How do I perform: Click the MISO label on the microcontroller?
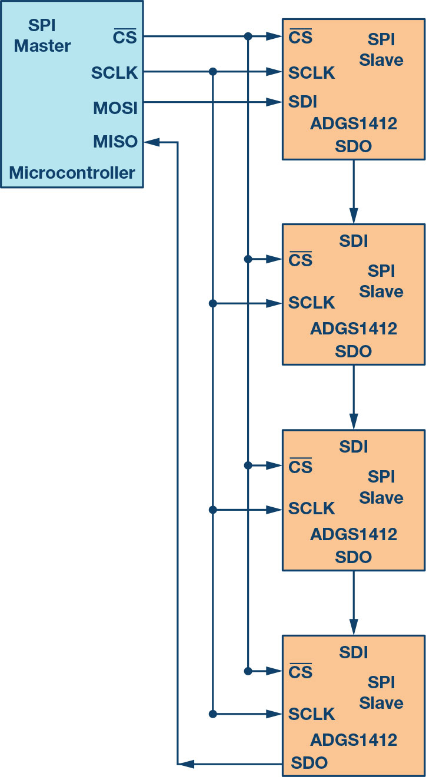point(115,142)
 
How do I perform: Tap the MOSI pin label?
point(115,108)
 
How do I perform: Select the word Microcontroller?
point(72,173)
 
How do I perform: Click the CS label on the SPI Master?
point(125,36)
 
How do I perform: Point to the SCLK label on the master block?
point(114,73)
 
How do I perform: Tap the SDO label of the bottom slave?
point(309,763)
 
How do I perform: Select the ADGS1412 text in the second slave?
point(354,329)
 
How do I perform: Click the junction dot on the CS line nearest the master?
point(248,36)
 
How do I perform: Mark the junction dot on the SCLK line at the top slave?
point(213,72)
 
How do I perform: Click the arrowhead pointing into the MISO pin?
point(152,142)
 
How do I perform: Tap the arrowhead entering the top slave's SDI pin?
point(274,102)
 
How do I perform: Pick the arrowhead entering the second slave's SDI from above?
point(354,216)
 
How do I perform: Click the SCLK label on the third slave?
point(311,508)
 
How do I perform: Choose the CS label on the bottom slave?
point(300,672)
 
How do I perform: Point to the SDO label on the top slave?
point(354,146)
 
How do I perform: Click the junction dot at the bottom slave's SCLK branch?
point(213,714)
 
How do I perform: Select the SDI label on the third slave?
point(354,447)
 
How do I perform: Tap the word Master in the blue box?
point(42,46)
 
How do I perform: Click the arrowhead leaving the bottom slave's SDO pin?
point(186,764)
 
